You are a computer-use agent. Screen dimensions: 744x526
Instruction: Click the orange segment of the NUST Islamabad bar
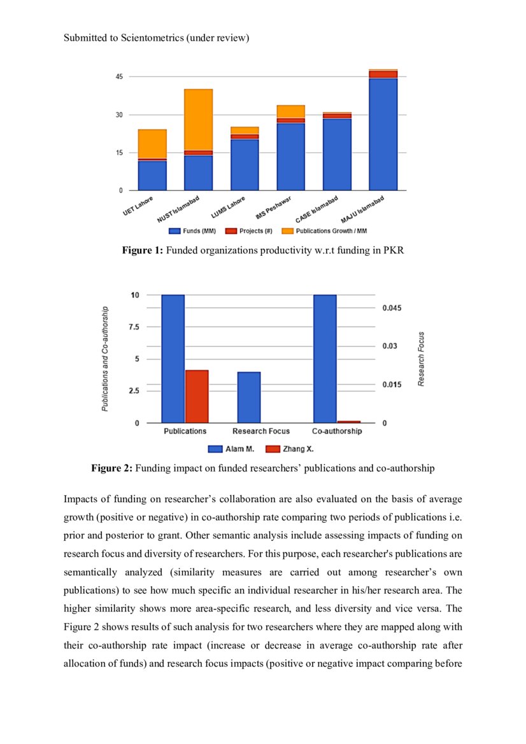(x=198, y=120)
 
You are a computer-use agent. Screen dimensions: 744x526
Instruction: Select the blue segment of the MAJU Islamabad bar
(x=383, y=134)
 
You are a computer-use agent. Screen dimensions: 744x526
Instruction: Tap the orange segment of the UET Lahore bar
(x=152, y=144)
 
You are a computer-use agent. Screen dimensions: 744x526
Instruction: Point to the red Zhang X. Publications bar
(x=197, y=397)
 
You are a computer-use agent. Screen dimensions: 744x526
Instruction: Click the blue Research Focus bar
(x=249, y=397)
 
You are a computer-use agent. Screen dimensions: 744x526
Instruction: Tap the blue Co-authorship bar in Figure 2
(x=325, y=358)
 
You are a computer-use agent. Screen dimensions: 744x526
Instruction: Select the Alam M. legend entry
(x=233, y=449)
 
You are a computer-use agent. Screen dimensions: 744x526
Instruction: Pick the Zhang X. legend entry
(x=290, y=449)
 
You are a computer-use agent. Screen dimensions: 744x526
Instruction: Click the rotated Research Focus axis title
(x=422, y=359)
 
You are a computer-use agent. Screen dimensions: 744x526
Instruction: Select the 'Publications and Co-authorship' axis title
(x=105, y=358)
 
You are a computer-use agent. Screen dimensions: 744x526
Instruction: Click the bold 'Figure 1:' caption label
(x=143, y=251)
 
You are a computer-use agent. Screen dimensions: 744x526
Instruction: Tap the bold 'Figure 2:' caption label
(x=112, y=468)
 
